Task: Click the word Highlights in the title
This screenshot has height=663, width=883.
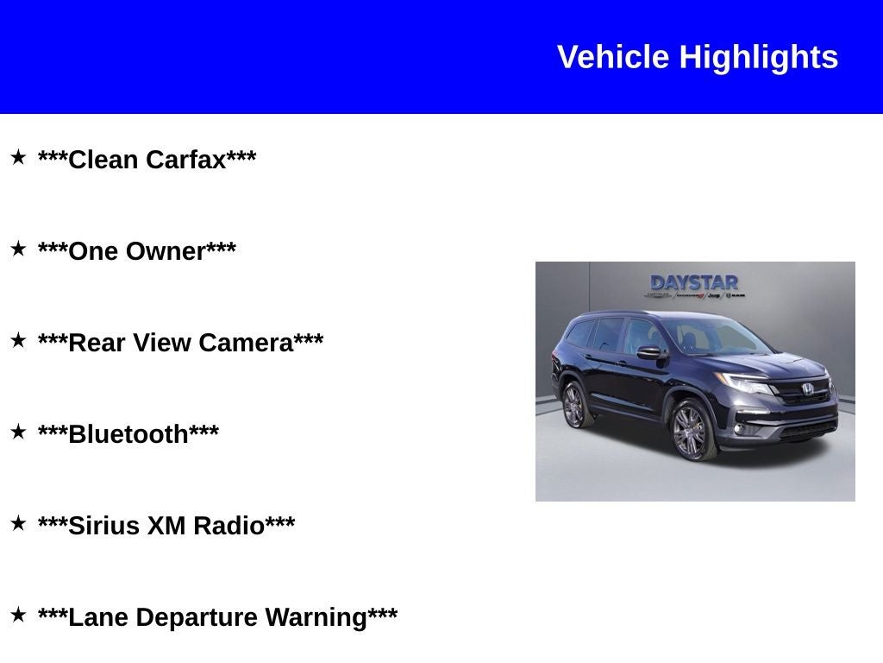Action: (758, 58)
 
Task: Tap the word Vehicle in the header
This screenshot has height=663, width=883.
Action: (613, 58)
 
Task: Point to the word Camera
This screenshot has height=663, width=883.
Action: (246, 343)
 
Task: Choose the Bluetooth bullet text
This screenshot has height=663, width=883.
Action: (128, 434)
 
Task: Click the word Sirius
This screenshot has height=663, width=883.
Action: (103, 526)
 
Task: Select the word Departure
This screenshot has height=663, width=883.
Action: (197, 617)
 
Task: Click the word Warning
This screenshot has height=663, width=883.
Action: (316, 617)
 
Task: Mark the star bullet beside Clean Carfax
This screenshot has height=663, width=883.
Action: (18, 157)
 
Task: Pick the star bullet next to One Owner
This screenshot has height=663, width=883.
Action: (18, 249)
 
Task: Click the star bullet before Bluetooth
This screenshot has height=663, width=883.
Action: (18, 432)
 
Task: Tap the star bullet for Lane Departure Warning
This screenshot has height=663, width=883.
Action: (18, 615)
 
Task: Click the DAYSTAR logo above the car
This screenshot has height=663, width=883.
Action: (694, 283)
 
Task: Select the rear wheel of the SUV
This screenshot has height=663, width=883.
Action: (574, 405)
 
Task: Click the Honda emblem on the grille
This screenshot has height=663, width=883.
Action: (808, 389)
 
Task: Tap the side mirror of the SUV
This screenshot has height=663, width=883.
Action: (649, 352)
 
